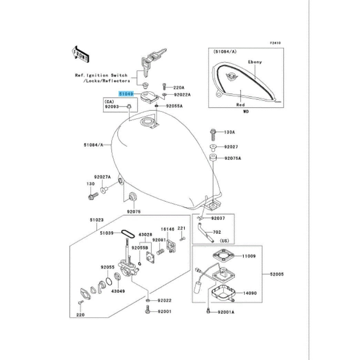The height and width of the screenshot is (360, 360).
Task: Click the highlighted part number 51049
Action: coord(126,93)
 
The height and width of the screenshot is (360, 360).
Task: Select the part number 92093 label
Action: coord(112,107)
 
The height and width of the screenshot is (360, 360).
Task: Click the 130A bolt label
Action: coord(230,132)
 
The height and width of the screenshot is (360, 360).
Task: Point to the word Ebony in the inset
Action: coord(255,62)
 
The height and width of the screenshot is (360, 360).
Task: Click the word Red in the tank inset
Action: coord(240,105)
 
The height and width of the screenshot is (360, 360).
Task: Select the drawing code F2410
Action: coord(275,43)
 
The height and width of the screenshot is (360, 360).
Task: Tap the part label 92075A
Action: coord(233,158)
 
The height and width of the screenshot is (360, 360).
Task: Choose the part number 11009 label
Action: coord(249,256)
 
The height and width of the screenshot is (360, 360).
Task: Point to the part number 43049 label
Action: coord(117,291)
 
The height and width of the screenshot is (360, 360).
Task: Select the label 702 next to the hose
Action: coord(217,232)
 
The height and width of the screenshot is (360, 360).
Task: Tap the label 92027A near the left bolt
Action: coord(103,177)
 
